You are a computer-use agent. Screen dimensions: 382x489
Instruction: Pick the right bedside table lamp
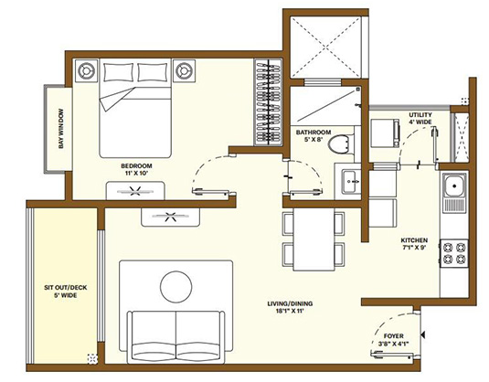pos(185,69)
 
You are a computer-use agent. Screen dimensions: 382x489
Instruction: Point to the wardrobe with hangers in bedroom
pos(265,105)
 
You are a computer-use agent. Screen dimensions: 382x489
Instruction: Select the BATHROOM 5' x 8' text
pos(313,136)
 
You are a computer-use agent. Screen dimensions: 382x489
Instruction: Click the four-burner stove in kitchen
pos(454,251)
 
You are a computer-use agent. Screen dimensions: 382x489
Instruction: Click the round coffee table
pos(176,288)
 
